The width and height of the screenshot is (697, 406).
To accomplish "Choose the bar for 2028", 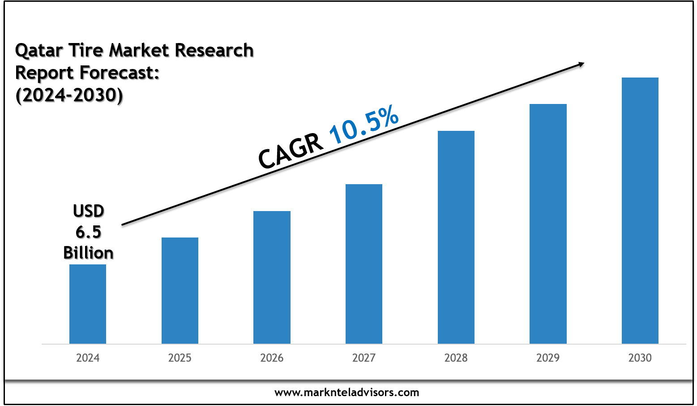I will [456, 237].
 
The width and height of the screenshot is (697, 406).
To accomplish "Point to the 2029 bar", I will [548, 224].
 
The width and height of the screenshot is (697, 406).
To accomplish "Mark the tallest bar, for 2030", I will [640, 211].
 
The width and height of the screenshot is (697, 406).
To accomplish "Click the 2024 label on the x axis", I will [88, 358].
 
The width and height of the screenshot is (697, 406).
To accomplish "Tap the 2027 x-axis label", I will [364, 358].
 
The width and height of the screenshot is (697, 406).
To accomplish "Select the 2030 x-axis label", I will [640, 358].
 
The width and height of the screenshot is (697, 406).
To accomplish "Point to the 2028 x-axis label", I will [456, 358].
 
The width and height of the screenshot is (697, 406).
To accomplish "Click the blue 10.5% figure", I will [363, 125].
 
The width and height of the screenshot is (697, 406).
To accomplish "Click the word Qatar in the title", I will [39, 51].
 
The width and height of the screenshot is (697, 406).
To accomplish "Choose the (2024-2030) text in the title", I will [69, 95].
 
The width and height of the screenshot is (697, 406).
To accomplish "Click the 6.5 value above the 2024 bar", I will [88, 232].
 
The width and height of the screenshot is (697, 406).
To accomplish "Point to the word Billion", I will [88, 253].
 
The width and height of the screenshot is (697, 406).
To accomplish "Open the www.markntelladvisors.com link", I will [346, 393].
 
